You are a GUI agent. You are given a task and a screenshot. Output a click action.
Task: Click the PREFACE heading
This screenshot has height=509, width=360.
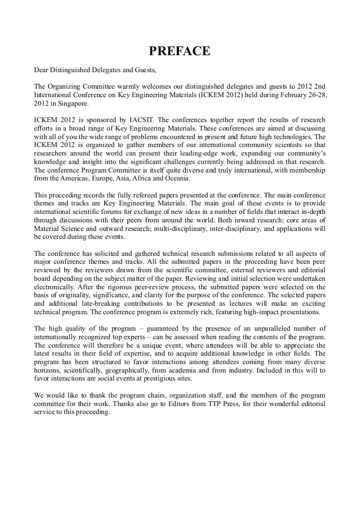pyautogui.click(x=179, y=51)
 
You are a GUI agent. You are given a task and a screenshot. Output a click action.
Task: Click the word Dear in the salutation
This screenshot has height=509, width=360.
pyautogui.click(x=42, y=69)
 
